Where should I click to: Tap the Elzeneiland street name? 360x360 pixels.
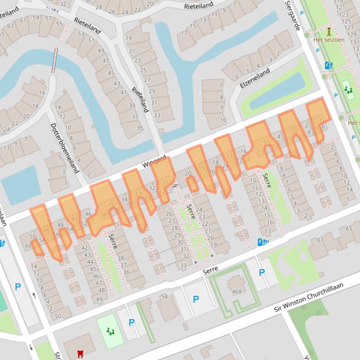click(255, 79)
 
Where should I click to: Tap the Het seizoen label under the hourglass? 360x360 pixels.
click(329, 40)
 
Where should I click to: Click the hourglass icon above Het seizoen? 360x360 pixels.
click(329, 31)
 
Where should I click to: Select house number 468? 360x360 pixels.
click(236, 292)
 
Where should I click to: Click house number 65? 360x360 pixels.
click(349, 228)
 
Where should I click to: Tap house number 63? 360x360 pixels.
click(10, 26)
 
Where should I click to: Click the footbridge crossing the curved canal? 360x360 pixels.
click(55, 60)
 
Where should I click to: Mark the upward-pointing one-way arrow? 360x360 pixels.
click(34, 295)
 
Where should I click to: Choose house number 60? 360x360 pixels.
click(29, 245)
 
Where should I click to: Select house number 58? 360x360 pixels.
click(42, 240)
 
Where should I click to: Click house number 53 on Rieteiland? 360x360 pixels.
click(81, 34)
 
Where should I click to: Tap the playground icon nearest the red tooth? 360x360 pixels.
click(110, 331)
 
